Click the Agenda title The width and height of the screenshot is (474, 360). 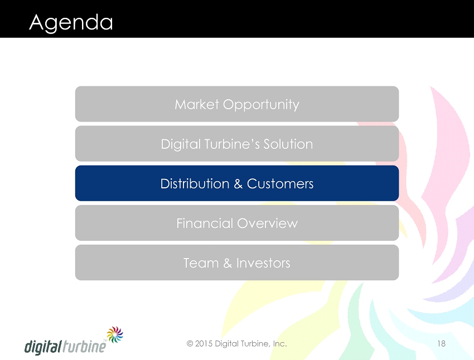tap(71, 23)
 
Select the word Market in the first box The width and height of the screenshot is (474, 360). tap(197, 105)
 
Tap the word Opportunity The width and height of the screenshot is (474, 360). tap(261, 105)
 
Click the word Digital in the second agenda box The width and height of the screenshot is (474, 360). tap(181, 145)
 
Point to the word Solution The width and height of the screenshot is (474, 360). tap(288, 144)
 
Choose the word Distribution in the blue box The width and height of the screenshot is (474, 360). tap(195, 184)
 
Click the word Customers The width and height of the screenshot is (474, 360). tap(280, 184)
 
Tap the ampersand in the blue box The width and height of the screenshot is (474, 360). tap(238, 184)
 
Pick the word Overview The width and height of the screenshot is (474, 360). tap(268, 223)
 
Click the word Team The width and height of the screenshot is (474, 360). tap(201, 263)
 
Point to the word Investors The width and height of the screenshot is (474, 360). tap(263, 263)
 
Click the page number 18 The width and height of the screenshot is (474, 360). tap(441, 344)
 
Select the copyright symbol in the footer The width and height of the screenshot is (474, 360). tap(190, 344)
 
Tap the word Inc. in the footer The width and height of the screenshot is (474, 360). tap(280, 344)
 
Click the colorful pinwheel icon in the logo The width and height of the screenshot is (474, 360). tap(115, 334)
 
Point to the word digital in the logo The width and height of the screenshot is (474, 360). tap(43, 347)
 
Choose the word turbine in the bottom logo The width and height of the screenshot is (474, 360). tap(85, 346)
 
